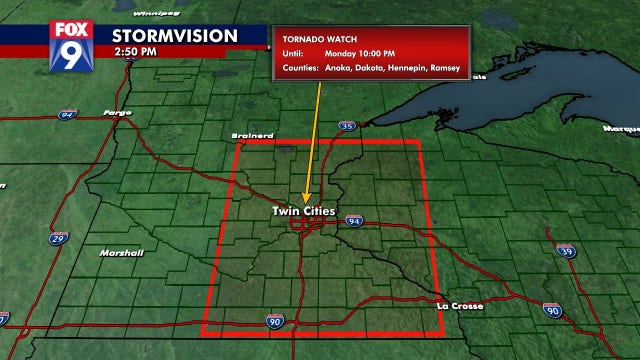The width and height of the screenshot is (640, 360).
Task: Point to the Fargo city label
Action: (x=117, y=112)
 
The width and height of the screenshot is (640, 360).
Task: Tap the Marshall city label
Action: (x=121, y=253)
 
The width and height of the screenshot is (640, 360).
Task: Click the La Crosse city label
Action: (x=461, y=305)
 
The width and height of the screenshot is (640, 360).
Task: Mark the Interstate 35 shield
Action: (x=347, y=127)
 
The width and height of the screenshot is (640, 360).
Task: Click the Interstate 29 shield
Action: (x=61, y=240)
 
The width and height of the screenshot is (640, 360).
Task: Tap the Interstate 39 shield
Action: (x=566, y=251)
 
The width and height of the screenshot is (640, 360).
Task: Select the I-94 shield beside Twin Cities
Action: (x=354, y=220)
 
